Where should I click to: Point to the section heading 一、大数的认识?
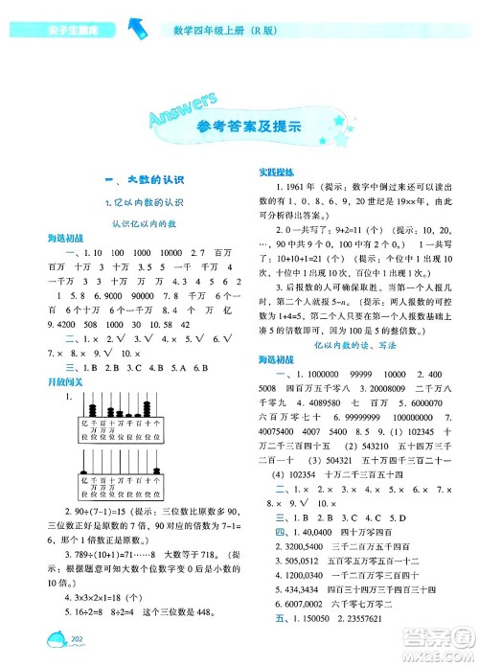(x=121, y=180)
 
